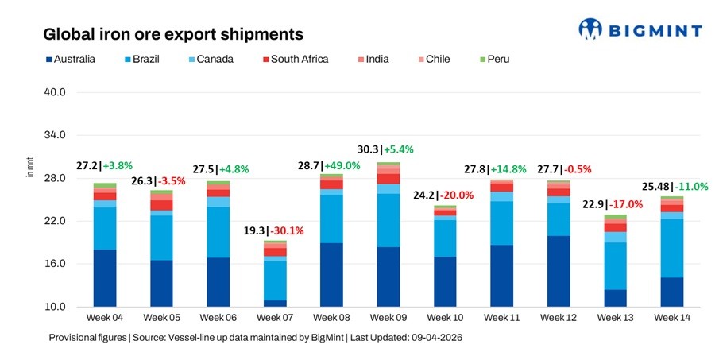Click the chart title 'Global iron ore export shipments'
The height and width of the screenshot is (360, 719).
(172, 34)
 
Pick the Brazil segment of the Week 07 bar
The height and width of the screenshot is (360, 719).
(275, 281)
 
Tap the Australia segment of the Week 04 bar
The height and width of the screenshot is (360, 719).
(105, 277)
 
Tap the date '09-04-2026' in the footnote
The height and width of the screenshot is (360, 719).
(431, 338)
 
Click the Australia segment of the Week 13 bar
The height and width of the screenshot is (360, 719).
(615, 298)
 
